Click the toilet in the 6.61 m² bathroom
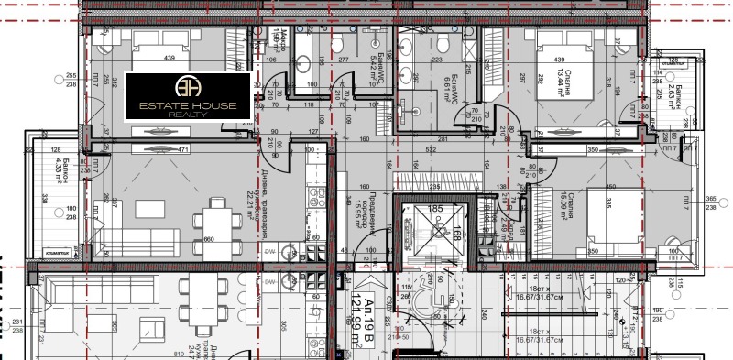coord(443,46)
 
